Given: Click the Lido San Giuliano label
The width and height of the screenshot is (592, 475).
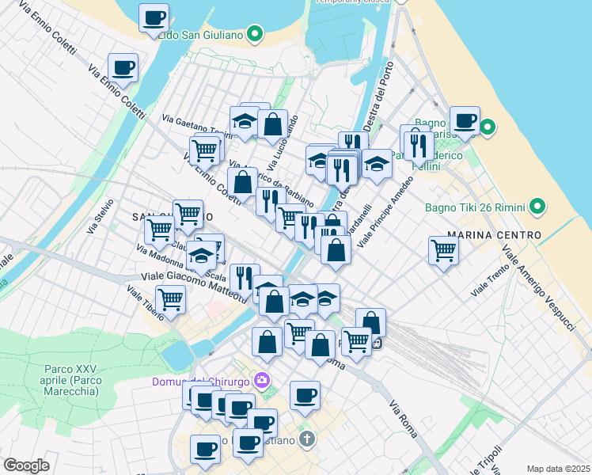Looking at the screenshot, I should click(x=201, y=35).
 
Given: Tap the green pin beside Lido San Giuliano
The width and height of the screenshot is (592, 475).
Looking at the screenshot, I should click(x=255, y=34).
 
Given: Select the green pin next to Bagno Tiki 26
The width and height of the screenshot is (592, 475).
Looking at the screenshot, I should click(x=538, y=207).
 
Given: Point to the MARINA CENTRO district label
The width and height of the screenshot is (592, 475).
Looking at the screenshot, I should click(x=494, y=235).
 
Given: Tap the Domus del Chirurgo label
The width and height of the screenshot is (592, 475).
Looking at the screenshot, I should click(x=201, y=382).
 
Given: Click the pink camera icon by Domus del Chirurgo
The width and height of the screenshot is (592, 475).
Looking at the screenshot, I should click(x=263, y=382).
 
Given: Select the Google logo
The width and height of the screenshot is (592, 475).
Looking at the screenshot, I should click(x=26, y=465).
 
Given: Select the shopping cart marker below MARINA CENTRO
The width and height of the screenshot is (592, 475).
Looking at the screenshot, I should click(x=444, y=250).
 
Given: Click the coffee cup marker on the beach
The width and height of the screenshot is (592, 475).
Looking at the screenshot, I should click(x=465, y=121).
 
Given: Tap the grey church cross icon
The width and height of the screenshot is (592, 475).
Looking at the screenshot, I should click(x=308, y=438).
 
